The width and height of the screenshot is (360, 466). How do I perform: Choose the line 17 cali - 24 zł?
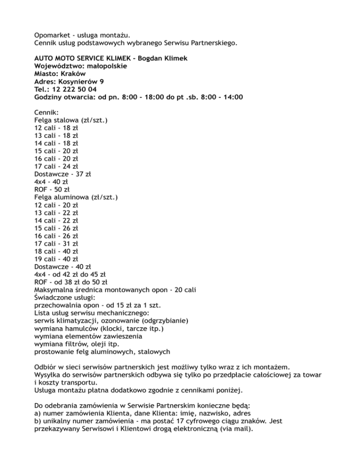(56, 167)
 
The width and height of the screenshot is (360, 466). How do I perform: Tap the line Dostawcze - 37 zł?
(63, 174)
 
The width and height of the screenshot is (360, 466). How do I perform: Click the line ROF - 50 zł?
(52, 190)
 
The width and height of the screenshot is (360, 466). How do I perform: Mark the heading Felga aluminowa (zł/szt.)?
(76, 198)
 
